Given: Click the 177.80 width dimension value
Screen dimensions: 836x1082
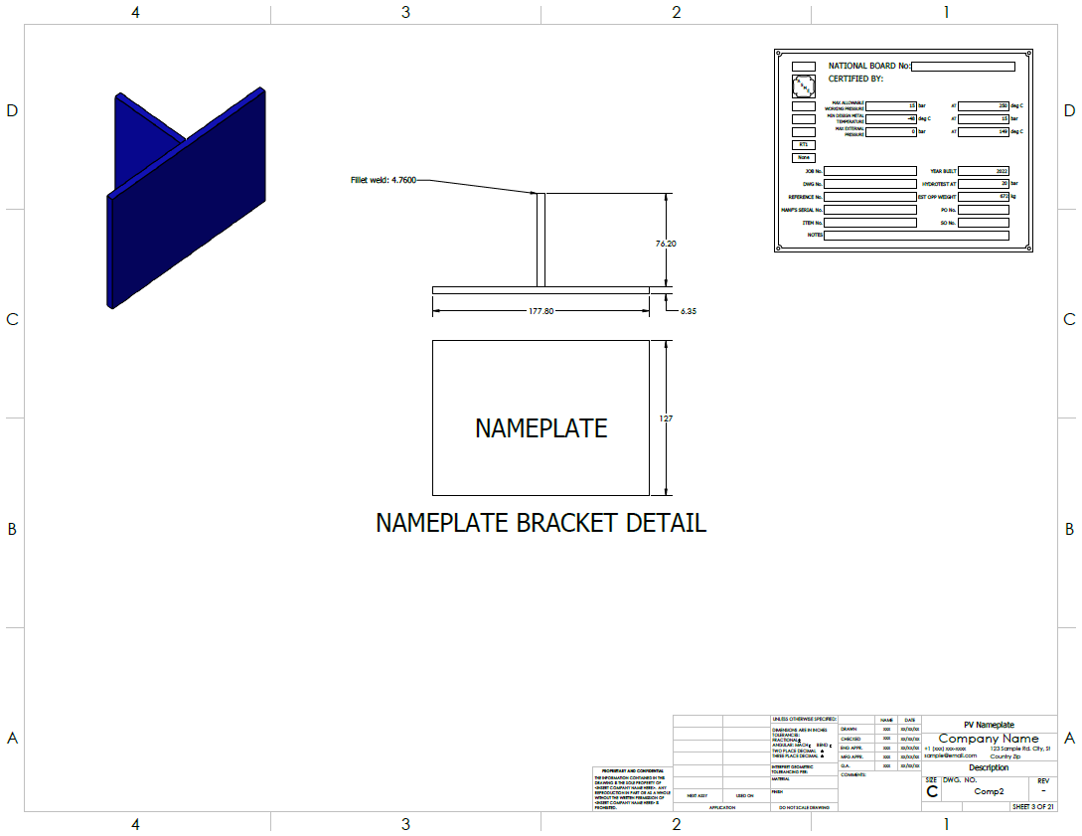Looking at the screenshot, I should pos(541,311).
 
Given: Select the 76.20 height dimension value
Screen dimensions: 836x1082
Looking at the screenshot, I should pos(666,244).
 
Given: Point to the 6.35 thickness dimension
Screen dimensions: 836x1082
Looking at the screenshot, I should pos(689,311).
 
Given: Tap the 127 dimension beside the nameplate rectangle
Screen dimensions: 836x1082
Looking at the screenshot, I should pos(666,418).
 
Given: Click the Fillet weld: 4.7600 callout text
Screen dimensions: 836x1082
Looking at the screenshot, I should pos(383,180).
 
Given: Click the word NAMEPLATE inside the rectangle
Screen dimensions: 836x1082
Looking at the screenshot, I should pos(541,428).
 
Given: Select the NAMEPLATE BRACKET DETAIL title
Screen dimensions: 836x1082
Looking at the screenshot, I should pos(541,523).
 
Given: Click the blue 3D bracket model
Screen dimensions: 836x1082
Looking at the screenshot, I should pos(187,199).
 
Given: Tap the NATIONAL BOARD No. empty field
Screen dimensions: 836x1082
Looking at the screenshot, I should pos(963,67).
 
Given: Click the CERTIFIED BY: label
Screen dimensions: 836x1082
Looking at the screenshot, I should pos(855,78).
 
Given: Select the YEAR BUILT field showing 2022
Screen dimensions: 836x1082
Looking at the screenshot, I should pos(985,171).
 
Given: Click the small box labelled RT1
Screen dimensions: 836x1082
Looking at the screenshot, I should pos(804,145).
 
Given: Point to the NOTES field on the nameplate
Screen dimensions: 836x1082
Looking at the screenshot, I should pos(916,236).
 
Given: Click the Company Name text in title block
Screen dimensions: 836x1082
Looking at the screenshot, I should pos(989,739).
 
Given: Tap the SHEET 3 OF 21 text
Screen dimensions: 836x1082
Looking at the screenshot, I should pos(1033,806).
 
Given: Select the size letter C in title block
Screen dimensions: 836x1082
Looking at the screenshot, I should pos(932,792).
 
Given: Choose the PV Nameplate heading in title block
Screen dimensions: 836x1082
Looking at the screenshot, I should pos(989,725).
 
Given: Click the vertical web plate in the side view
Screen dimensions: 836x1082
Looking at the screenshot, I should pos(541,240).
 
